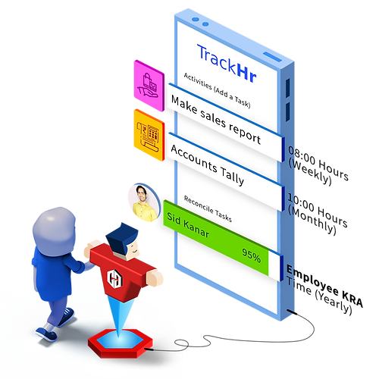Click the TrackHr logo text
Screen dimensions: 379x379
(x=227, y=64)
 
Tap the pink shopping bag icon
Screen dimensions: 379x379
(x=149, y=86)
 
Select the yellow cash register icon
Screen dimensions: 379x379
(x=149, y=135)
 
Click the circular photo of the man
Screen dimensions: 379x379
(x=144, y=202)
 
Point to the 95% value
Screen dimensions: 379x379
(x=251, y=255)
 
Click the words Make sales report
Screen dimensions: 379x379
(x=216, y=120)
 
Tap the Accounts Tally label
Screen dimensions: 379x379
(x=208, y=164)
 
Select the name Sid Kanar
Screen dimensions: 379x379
(x=188, y=225)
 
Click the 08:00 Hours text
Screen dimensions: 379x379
(x=318, y=163)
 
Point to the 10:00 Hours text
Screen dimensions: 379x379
(x=318, y=210)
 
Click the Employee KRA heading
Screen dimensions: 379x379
(x=324, y=286)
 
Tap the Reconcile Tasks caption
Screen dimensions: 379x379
(x=208, y=208)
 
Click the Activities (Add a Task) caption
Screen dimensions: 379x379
(x=217, y=90)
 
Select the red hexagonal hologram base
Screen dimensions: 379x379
(x=121, y=343)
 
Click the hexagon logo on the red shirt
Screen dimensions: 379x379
(x=114, y=278)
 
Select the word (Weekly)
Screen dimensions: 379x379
(x=310, y=173)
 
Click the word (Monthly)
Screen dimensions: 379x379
(x=312, y=221)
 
